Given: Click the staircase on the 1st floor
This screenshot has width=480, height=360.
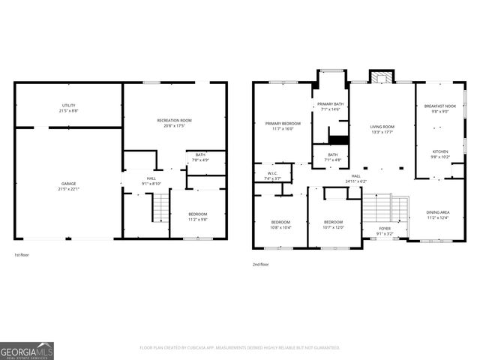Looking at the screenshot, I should [159, 204].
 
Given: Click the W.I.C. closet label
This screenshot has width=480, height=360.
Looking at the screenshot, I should [272, 175].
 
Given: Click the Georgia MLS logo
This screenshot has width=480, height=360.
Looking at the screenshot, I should [26, 350].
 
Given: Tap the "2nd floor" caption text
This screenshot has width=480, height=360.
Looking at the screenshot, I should [260, 264].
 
